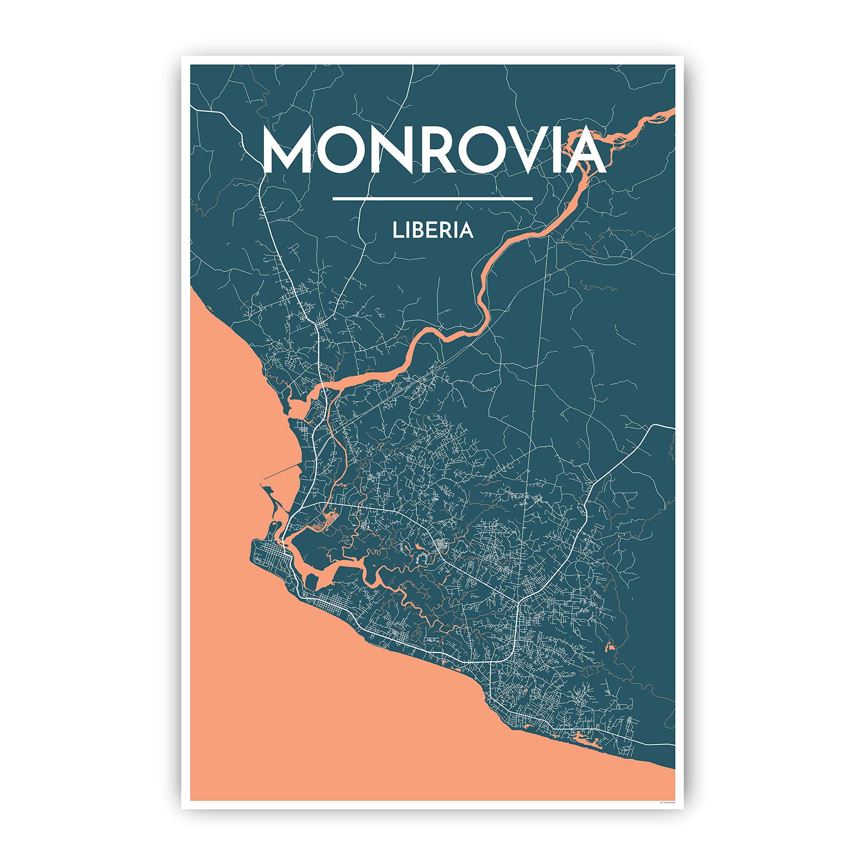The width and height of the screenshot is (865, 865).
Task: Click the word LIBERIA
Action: point(432,230)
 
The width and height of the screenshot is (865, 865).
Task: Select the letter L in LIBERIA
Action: point(397,230)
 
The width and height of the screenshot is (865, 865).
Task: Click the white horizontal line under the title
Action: point(432,198)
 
